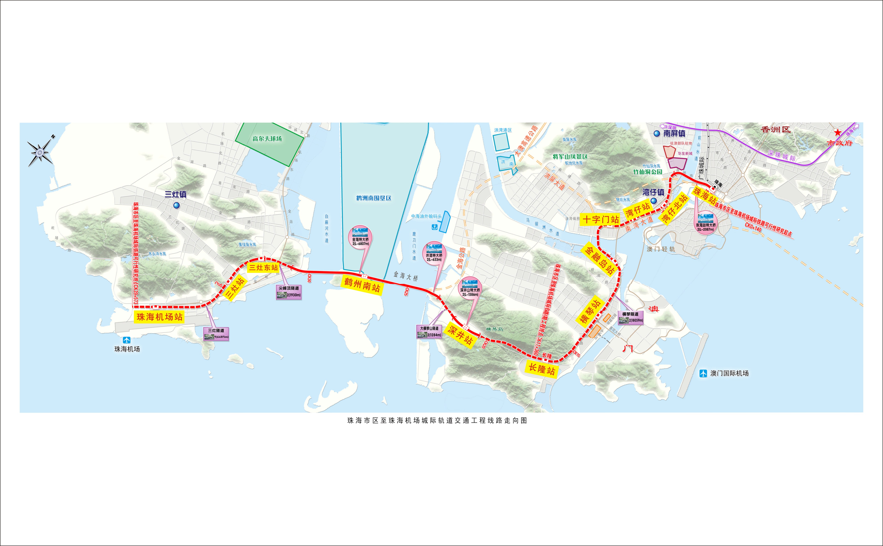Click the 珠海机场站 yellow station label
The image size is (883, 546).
[159, 317]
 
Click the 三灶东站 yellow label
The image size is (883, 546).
[263, 268]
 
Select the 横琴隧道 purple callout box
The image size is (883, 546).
[630, 317]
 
